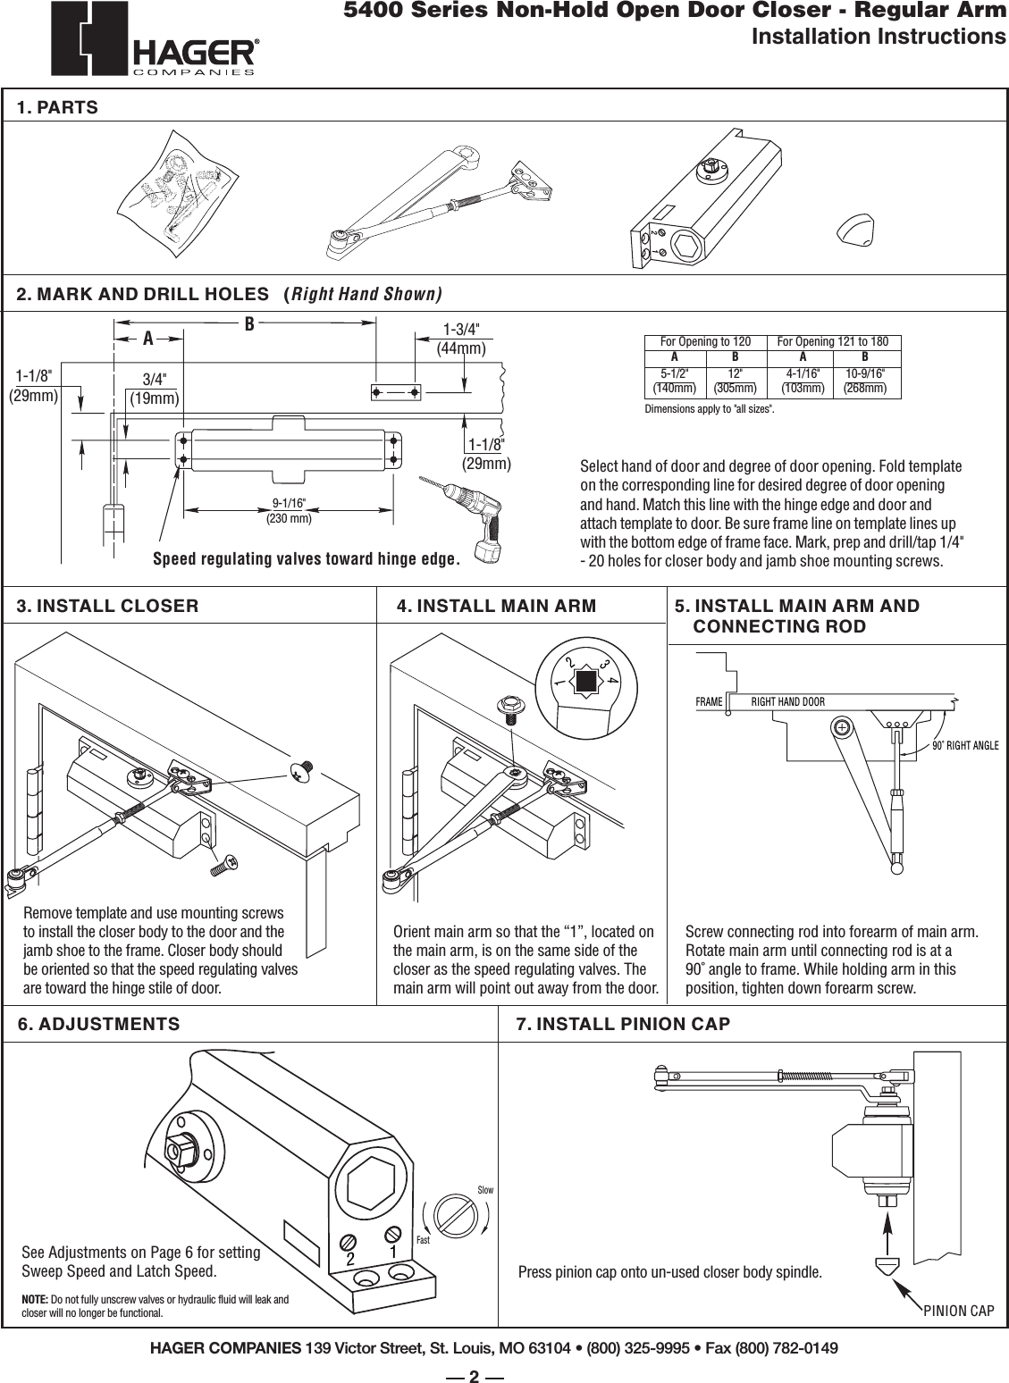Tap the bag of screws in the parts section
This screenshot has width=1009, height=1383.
tap(179, 187)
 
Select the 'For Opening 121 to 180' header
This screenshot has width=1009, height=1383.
tap(833, 342)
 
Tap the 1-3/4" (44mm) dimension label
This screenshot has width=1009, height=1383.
tap(461, 339)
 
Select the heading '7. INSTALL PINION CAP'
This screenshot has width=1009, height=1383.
tap(624, 1024)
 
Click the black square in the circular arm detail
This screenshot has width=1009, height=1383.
tap(586, 683)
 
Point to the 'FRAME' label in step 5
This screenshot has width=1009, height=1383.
tap(709, 701)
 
